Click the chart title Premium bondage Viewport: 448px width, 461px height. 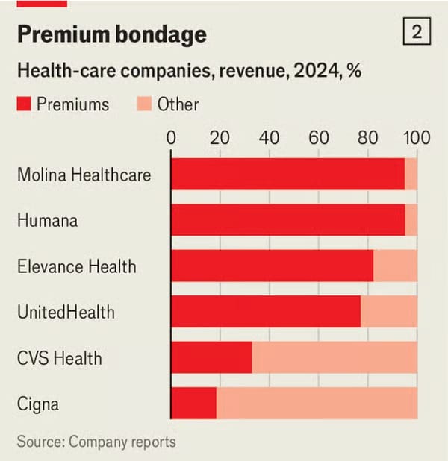pyautogui.click(x=111, y=34)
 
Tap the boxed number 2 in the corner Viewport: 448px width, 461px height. pyautogui.click(x=417, y=32)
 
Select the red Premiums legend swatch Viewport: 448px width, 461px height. pyautogui.click(x=24, y=104)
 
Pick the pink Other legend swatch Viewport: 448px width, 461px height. pyautogui.click(x=144, y=104)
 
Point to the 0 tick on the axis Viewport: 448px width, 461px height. pyautogui.click(x=171, y=138)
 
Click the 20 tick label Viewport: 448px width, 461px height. pyautogui.click(x=220, y=138)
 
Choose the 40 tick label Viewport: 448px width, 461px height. pyautogui.click(x=269, y=138)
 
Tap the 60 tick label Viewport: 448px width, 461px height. pyautogui.click(x=318, y=138)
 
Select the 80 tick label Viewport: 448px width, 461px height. pyautogui.click(x=367, y=138)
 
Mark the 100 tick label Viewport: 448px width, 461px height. pyautogui.click(x=417, y=138)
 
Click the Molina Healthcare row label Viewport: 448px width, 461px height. pyautogui.click(x=84, y=175)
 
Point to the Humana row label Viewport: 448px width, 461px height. pyautogui.click(x=47, y=221)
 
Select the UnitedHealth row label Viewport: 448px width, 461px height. pyautogui.click(x=66, y=311)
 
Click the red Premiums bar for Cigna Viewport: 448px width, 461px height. pyautogui.click(x=193, y=404)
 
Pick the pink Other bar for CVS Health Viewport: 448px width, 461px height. pyautogui.click(x=335, y=357)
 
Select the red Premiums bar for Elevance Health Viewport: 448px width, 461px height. pyautogui.click(x=272, y=266)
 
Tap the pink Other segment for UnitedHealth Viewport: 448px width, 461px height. pyautogui.click(x=389, y=311)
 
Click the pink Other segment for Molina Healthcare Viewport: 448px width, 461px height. pyautogui.click(x=411, y=175)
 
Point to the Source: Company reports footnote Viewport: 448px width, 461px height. pyautogui.click(x=96, y=442)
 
